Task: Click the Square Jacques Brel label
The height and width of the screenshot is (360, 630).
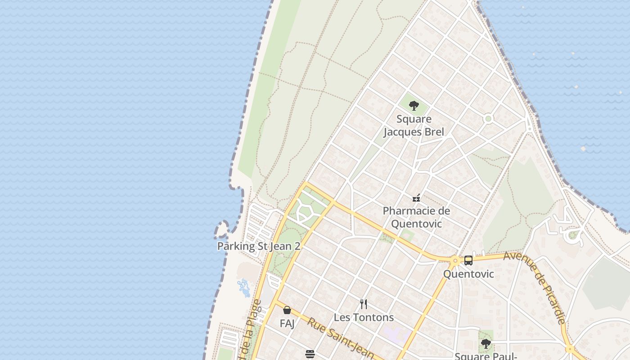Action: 414,126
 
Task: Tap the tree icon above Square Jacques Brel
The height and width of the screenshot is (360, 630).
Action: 414,106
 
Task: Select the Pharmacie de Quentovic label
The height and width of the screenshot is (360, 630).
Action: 416,217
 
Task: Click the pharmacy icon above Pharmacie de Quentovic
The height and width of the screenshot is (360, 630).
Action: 416,198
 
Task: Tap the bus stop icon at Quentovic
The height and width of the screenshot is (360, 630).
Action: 468,261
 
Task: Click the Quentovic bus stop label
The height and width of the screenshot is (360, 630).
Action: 468,274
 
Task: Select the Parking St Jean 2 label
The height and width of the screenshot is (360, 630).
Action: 259,246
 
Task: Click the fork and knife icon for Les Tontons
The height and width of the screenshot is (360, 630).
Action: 364,304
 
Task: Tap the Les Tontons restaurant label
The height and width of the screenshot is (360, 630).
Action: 364,318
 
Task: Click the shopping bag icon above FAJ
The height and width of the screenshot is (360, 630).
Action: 287,310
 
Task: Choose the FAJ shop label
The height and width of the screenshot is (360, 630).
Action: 287,324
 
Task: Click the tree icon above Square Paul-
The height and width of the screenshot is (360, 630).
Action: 486,344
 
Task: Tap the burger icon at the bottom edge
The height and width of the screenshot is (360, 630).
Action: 310,354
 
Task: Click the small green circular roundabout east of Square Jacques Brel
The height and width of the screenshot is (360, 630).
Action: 488,119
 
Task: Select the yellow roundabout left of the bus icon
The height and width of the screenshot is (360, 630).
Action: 455,261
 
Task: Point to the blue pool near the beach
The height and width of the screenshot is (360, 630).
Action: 244,288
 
